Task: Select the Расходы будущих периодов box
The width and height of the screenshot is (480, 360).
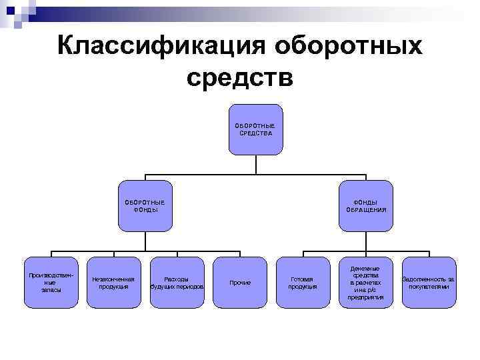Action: (x=176, y=283)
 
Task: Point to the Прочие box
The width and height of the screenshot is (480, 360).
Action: (x=239, y=283)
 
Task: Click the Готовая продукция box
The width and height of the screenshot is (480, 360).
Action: (x=303, y=283)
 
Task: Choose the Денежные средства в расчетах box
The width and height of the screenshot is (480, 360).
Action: (x=365, y=283)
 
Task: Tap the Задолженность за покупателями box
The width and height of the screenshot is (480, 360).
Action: (x=429, y=283)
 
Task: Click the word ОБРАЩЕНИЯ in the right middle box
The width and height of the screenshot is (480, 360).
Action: (x=366, y=209)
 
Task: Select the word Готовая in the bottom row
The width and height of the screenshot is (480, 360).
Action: (x=303, y=279)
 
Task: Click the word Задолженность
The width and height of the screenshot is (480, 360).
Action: (x=425, y=279)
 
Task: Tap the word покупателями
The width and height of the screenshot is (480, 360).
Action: (x=429, y=286)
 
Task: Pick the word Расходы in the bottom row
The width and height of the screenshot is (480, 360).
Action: (x=176, y=279)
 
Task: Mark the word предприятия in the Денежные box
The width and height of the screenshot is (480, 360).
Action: (x=365, y=297)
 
